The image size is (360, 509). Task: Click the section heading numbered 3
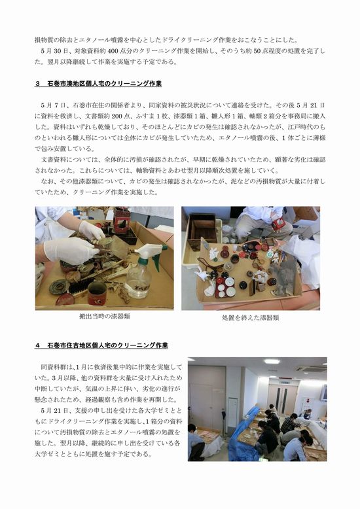(98, 84)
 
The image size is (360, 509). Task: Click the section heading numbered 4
(101, 345)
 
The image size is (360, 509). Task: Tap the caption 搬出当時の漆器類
(104, 316)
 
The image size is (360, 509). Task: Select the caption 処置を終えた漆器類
(250, 318)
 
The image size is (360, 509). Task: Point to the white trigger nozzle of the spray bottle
(149, 251)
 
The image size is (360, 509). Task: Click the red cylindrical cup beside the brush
(97, 293)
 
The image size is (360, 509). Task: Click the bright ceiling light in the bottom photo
(272, 361)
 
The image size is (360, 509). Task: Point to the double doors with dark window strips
(281, 399)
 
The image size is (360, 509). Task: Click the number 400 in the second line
(117, 51)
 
